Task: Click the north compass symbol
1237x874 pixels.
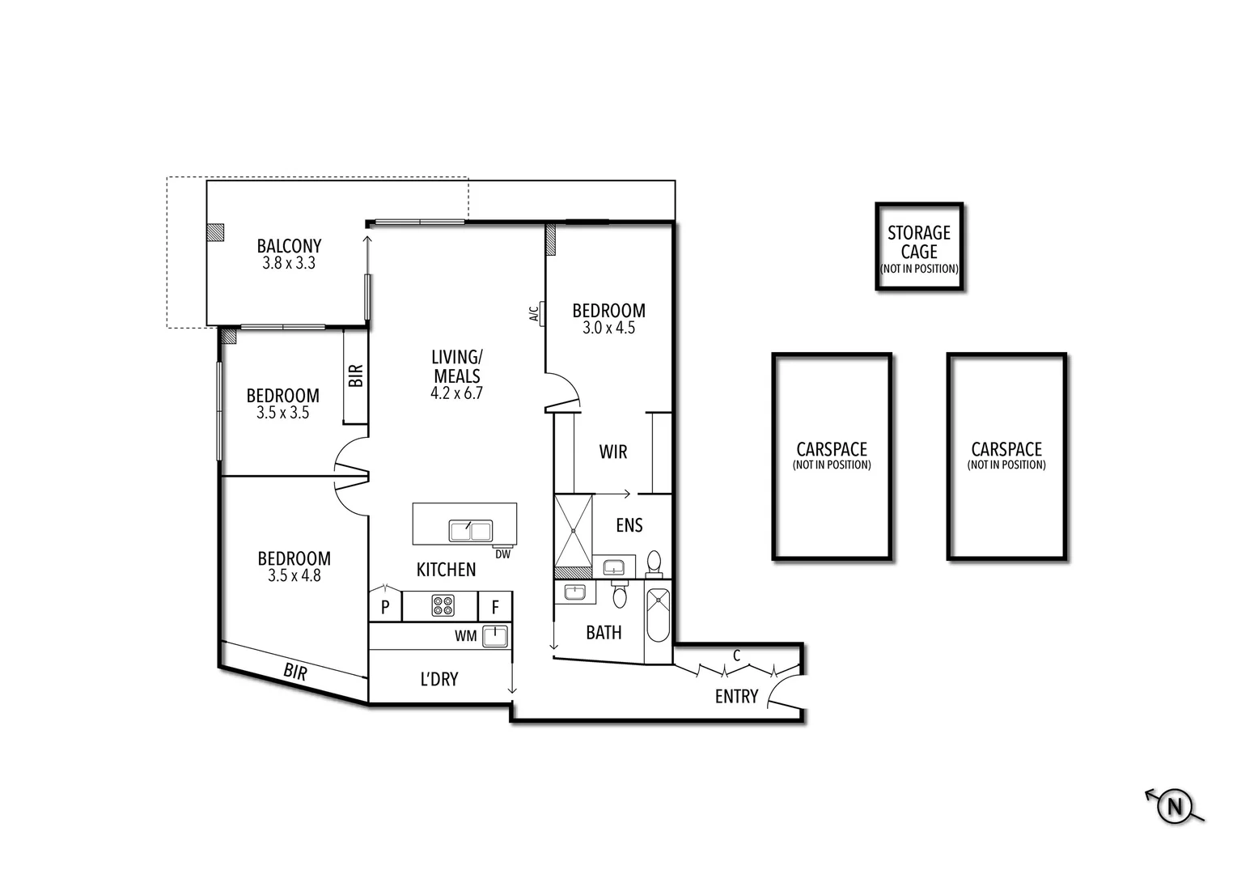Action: (1175, 806)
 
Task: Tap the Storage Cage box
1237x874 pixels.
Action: (919, 246)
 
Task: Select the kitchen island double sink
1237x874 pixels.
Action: (470, 531)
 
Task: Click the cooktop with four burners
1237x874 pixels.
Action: (443, 605)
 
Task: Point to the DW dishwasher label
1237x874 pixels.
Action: (502, 554)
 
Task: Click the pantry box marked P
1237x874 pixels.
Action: (385, 607)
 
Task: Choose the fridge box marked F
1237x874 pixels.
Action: (495, 607)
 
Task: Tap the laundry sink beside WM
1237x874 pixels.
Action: (494, 636)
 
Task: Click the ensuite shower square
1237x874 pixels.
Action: (574, 531)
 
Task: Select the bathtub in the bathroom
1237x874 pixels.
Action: (659, 614)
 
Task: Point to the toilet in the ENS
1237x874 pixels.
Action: (654, 562)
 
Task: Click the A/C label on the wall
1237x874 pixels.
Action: (534, 313)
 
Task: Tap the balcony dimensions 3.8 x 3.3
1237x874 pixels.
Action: (289, 264)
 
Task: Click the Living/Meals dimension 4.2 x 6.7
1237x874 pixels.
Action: (456, 393)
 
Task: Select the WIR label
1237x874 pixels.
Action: (613, 452)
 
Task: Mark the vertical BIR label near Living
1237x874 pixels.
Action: (356, 375)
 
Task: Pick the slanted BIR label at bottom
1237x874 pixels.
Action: (295, 671)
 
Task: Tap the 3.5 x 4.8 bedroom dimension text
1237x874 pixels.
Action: (294, 576)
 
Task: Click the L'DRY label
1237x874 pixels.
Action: (439, 679)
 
